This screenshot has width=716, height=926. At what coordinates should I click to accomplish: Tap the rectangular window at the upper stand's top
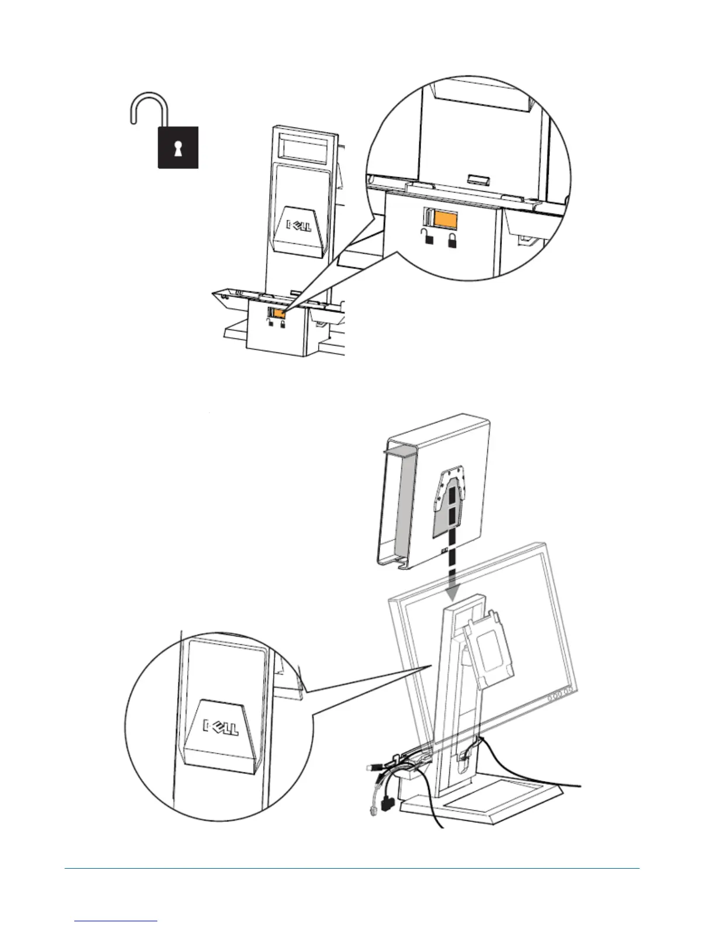300,145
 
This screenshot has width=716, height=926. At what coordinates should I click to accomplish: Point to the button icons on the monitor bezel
560,697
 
